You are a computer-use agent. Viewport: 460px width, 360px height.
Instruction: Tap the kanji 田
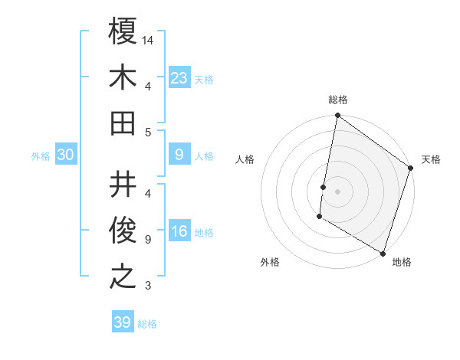coord(123,123)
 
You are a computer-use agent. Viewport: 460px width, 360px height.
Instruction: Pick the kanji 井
coord(123,185)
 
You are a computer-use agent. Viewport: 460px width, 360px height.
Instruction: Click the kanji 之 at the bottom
coord(123,277)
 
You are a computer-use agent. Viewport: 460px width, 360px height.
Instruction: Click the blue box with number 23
coord(179,77)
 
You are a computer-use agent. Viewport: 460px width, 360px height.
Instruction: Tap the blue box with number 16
coord(179,232)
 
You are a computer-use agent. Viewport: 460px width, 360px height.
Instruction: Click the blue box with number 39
coord(123,322)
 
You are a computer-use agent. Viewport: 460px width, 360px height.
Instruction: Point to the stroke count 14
coord(149,39)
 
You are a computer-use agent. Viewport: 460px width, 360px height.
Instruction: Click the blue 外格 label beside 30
coord(41,156)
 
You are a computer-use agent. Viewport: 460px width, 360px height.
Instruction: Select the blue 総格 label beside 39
coord(147,324)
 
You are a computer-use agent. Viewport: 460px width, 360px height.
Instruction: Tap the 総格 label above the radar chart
coord(338,100)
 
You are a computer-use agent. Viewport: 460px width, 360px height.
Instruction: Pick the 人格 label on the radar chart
coord(245,160)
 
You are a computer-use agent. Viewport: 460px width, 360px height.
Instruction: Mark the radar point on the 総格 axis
coord(337,116)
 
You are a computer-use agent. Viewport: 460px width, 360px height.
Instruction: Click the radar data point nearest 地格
coord(383,252)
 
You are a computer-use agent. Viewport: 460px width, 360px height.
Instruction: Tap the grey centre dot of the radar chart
coord(338,191)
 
